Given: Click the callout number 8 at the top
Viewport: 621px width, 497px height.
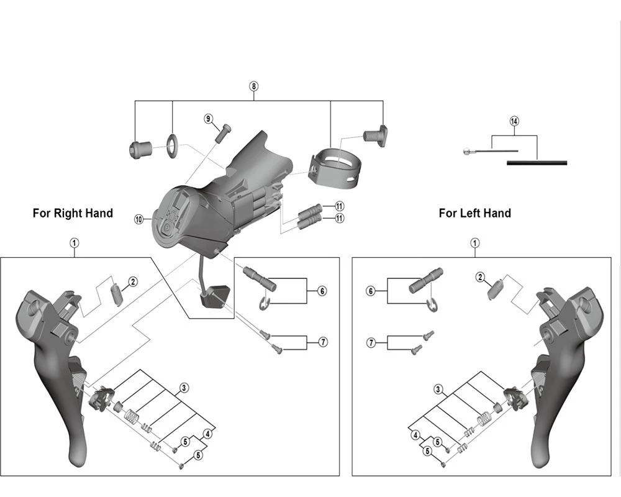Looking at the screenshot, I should click(x=253, y=86).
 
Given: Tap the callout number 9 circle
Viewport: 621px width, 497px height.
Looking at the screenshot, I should click(x=209, y=118).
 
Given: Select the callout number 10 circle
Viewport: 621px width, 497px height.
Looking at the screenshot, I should click(x=138, y=219).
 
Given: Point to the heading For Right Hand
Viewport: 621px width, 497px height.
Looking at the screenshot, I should click(x=73, y=213).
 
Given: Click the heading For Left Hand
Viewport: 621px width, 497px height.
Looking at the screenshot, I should click(x=475, y=213).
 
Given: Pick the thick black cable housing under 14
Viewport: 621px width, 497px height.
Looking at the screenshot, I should click(x=537, y=163).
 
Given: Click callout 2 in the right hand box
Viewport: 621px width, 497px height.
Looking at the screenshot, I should click(x=133, y=281).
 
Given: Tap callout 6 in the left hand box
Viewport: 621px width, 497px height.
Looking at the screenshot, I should click(x=371, y=291).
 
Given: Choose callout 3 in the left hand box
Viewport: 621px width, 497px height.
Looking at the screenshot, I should click(x=438, y=390).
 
